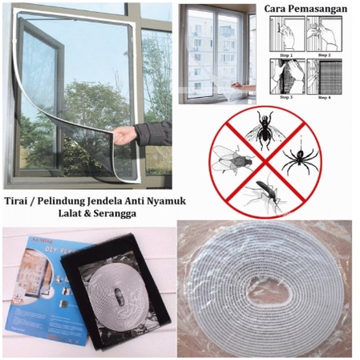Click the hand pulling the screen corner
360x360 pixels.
pyautogui.click(x=124, y=135)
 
